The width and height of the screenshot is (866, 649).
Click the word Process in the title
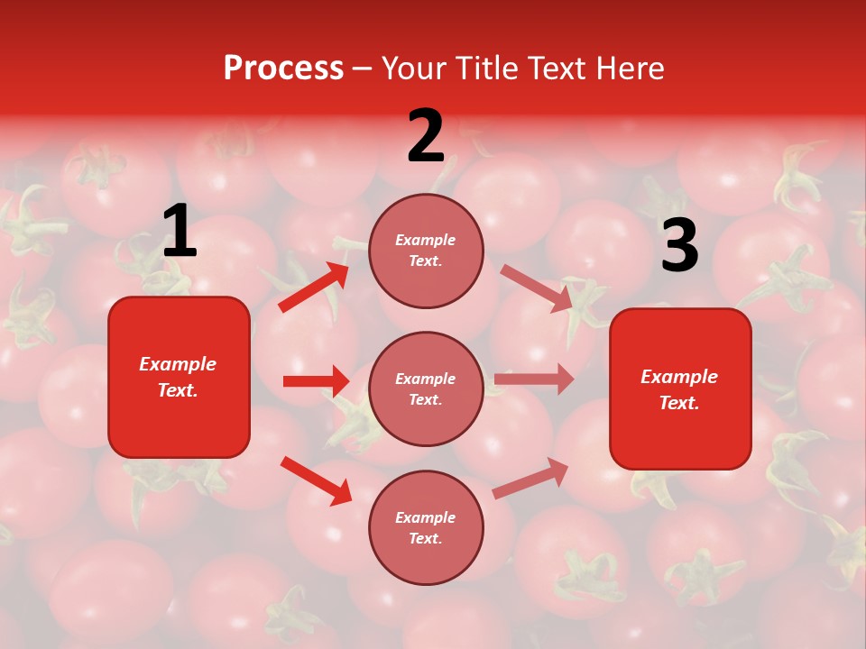pos(283,69)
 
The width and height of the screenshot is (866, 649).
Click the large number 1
pos(180,232)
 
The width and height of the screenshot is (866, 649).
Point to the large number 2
pos(426,136)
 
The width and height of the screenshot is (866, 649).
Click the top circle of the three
pos(426,251)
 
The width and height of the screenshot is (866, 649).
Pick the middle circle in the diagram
pos(426,389)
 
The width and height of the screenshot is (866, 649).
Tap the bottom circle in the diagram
pos(426,528)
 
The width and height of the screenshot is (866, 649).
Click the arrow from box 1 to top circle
pos(314,287)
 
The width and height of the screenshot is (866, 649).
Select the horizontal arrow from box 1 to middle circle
pos(316,381)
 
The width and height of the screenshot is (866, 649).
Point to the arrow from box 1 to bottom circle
pos(316,480)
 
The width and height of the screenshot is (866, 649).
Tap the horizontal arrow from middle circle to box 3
pos(534,379)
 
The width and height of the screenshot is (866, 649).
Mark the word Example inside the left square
pos(178,364)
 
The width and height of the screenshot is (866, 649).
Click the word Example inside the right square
pos(679,377)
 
